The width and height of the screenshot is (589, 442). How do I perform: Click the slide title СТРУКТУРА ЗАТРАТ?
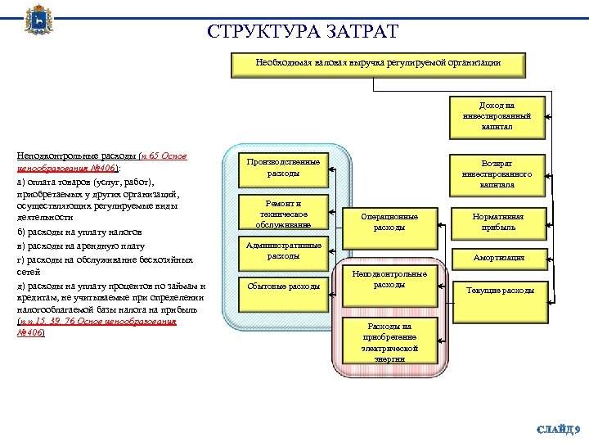tap(303, 32)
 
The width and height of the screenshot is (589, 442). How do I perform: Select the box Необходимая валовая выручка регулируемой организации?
tap(379, 63)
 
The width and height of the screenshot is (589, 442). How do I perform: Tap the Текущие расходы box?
tap(500, 291)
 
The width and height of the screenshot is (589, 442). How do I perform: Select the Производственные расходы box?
tap(284, 168)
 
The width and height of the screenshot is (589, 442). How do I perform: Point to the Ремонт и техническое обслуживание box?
tap(284, 214)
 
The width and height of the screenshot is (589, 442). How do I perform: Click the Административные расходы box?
tap(284, 250)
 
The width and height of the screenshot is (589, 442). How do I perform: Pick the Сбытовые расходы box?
tap(284, 286)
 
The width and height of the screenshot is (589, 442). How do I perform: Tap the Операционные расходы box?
tap(389, 222)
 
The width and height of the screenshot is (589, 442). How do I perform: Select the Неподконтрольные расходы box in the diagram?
tap(389, 280)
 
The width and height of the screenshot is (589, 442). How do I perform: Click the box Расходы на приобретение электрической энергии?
tap(389, 341)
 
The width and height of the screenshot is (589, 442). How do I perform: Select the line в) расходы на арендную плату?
tap(81, 246)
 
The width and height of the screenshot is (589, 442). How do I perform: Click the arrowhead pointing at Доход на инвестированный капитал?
tap(551, 116)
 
